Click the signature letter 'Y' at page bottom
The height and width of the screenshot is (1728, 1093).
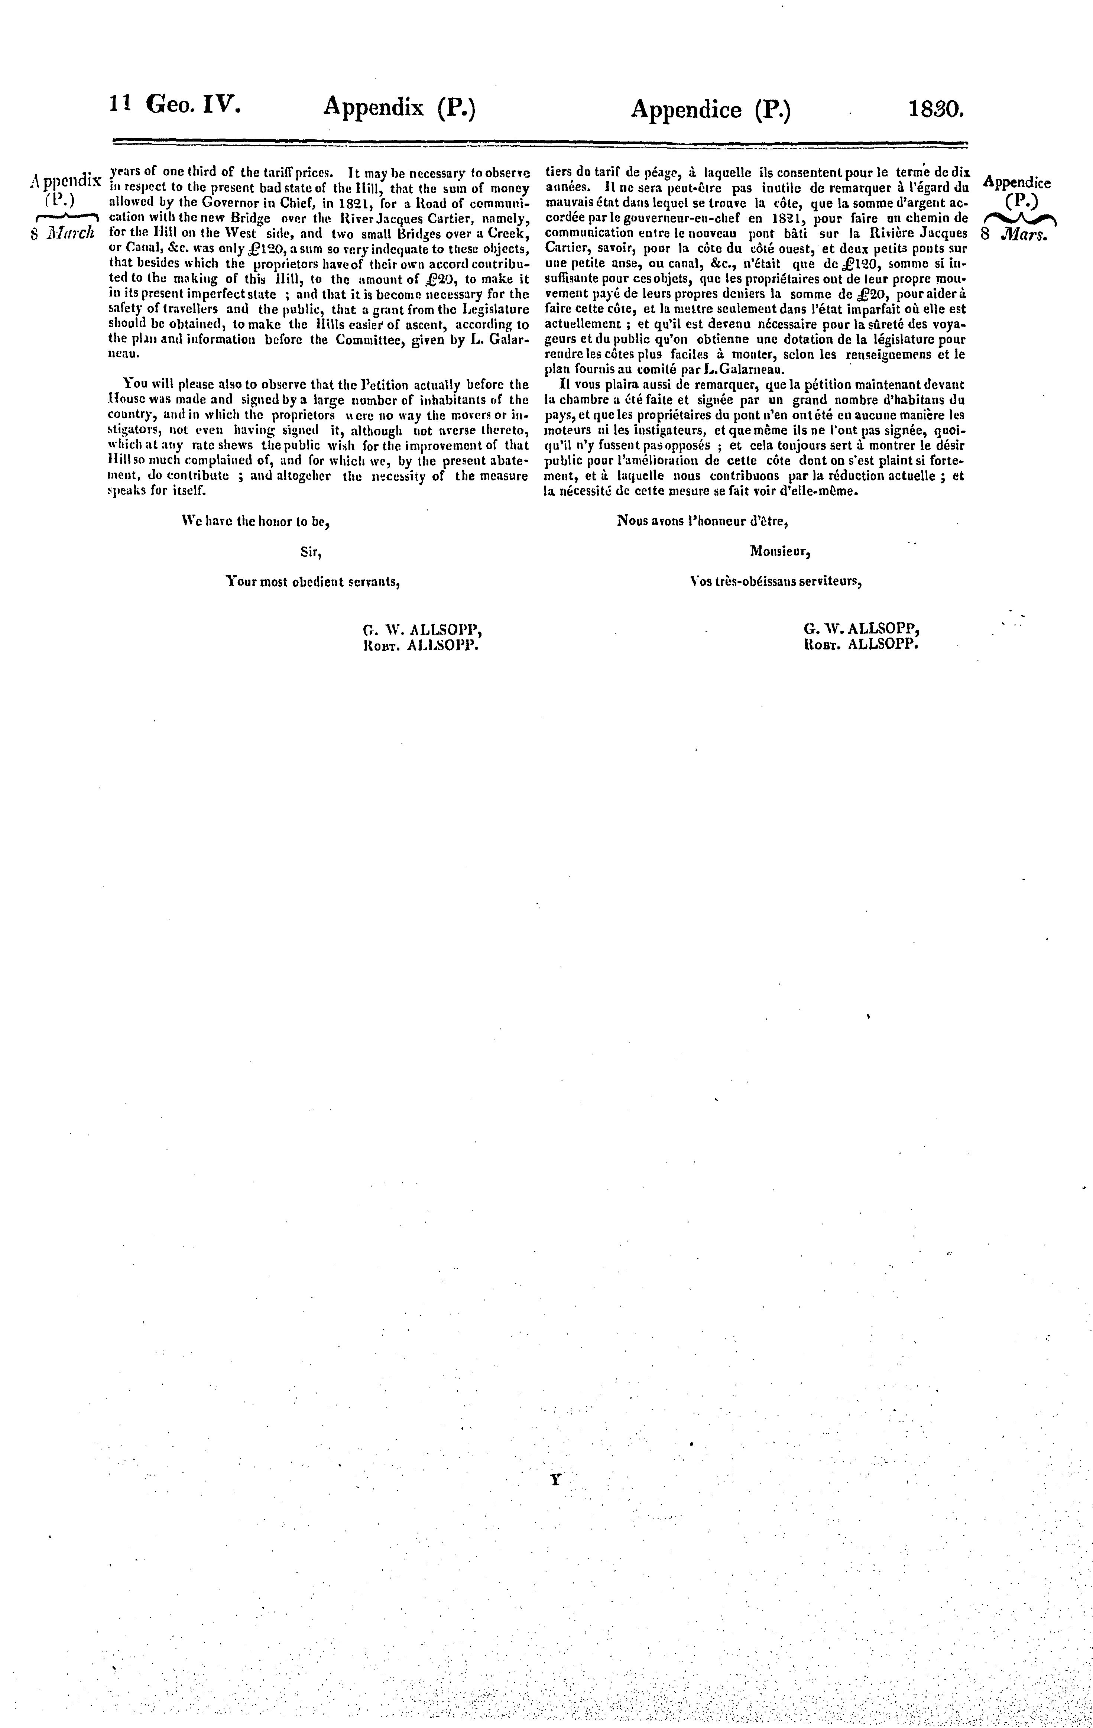[555, 1479]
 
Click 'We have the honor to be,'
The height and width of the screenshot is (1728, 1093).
[256, 523]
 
